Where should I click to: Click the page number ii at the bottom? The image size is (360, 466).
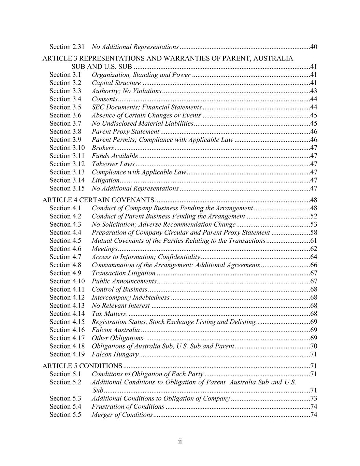pos(180,441)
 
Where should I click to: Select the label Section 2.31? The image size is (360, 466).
pos(67,46)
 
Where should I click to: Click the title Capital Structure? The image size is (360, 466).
pos(116,83)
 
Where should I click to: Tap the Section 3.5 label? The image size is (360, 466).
pos(66,107)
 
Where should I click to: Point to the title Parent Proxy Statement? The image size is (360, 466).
pos(125,132)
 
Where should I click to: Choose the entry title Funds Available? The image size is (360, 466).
pos(115,156)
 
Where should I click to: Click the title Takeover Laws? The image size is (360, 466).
pos(113,164)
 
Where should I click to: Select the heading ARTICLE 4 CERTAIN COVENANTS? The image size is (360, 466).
pos(98,200)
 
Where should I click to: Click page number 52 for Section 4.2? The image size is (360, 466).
pos(314,216)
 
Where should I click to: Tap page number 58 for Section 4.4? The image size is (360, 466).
pos(314,233)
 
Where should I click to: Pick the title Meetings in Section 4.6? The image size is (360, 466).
pos(105,249)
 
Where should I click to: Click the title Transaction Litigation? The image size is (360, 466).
pos(124,273)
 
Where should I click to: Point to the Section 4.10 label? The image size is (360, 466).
pos(67,281)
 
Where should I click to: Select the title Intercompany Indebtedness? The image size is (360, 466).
pos(131,297)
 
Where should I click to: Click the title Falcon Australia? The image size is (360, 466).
pos(116,330)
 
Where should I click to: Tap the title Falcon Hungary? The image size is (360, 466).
pos(115,354)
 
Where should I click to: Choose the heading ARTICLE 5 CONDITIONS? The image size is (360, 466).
pos(82,366)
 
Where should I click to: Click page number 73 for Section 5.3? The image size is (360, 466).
pos(314,399)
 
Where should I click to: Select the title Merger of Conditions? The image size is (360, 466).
pos(122,415)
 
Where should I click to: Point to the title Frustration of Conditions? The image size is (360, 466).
pos(128,407)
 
